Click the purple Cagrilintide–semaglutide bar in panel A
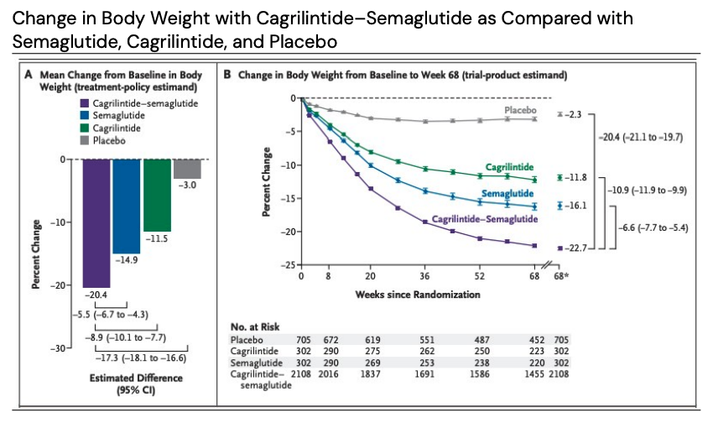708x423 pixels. click(x=96, y=222)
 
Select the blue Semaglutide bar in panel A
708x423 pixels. click(x=126, y=206)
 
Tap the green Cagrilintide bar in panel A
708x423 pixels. click(x=156, y=195)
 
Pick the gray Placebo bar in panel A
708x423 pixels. click(x=186, y=168)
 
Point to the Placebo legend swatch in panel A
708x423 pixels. click(x=86, y=141)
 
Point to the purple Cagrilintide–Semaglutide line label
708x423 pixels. click(x=484, y=218)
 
